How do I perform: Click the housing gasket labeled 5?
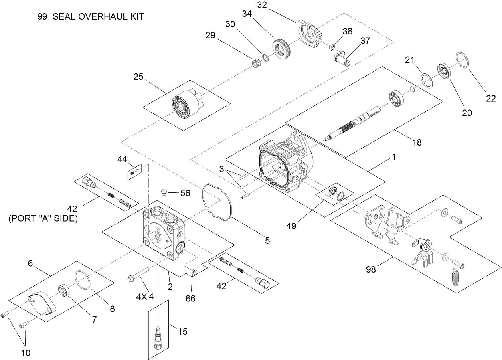pyautogui.click(x=218, y=202)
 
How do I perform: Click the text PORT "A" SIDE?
pyautogui.click(x=43, y=219)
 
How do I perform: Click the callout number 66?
pyautogui.click(x=190, y=298)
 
